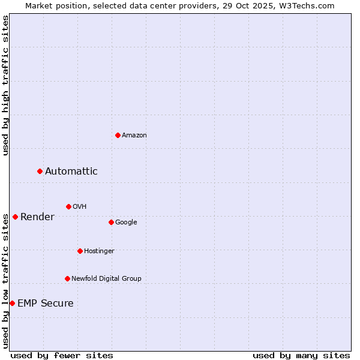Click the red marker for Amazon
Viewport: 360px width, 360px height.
pyautogui.click(x=118, y=135)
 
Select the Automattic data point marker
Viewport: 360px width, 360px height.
pyautogui.click(x=40, y=172)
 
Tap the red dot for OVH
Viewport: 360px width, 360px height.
pyautogui.click(x=68, y=206)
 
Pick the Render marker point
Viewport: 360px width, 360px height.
pyautogui.click(x=15, y=217)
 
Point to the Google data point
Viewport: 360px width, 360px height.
pyautogui.click(x=111, y=222)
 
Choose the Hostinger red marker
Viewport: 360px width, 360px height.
pyautogui.click(x=80, y=251)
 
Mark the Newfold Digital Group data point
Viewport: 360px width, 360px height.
pyautogui.click(x=67, y=278)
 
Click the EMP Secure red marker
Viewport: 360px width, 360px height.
pyautogui.click(x=12, y=303)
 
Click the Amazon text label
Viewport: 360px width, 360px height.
pyautogui.click(x=134, y=135)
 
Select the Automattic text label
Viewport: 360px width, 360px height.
pyautogui.click(x=71, y=172)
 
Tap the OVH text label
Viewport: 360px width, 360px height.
pyautogui.click(x=79, y=206)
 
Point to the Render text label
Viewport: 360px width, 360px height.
pyautogui.click(x=37, y=217)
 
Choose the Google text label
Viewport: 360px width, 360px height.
pyautogui.click(x=126, y=222)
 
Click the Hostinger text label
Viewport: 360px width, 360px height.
pyautogui.click(x=99, y=251)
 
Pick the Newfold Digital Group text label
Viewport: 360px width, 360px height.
pyautogui.click(x=106, y=278)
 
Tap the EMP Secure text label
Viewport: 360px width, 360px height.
pyautogui.click(x=45, y=303)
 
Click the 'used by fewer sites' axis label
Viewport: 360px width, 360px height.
pyautogui.click(x=62, y=355)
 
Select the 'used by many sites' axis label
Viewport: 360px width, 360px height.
pyautogui.click(x=301, y=355)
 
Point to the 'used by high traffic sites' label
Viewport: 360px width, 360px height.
pyautogui.click(x=5, y=85)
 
